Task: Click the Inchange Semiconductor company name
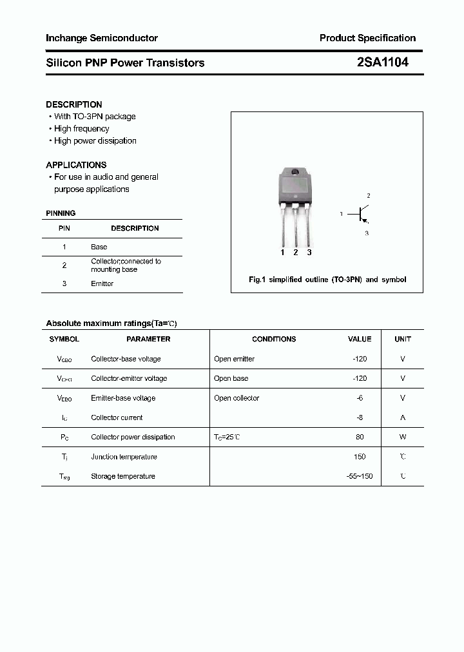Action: click(102, 38)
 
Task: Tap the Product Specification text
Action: click(367, 38)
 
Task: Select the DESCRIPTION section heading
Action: click(74, 104)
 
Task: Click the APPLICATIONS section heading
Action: click(76, 165)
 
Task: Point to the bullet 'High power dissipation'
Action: click(95, 141)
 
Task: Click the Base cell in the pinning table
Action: click(99, 247)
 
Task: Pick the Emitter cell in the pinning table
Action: click(102, 283)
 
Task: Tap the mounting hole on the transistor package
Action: click(296, 172)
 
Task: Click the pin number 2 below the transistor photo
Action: click(296, 253)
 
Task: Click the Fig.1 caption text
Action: click(327, 280)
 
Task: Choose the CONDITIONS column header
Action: click(274, 339)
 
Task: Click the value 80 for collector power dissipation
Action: click(360, 437)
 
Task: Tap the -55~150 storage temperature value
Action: click(360, 476)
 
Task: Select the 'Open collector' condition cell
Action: click(237, 398)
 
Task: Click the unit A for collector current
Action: click(403, 417)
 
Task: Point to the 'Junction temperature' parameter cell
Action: click(124, 457)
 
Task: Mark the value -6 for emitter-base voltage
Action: click(360, 398)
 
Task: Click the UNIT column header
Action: click(403, 339)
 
